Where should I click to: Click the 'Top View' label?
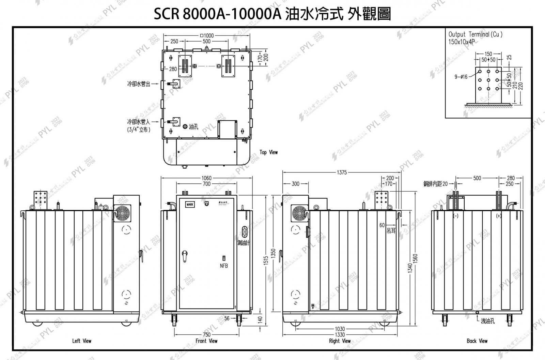[268, 152]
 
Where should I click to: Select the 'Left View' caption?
[82, 341]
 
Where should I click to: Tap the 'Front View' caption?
[206, 341]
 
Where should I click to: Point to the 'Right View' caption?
[340, 341]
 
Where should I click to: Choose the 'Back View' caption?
[477, 341]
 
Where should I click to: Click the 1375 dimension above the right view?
[342, 172]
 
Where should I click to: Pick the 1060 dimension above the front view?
[206, 178]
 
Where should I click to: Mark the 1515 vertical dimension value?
[266, 260]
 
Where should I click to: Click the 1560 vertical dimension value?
[415, 258]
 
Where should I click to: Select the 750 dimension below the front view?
[206, 334]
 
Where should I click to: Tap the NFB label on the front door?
[224, 266]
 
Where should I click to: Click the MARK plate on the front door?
[190, 205]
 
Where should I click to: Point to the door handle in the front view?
[185, 256]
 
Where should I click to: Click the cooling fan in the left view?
[122, 213]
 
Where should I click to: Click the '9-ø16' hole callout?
[461, 77]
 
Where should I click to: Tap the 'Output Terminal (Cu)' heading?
[475, 34]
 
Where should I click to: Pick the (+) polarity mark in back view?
[499, 216]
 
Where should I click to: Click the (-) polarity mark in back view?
[456, 216]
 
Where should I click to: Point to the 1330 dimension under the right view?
[340, 334]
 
